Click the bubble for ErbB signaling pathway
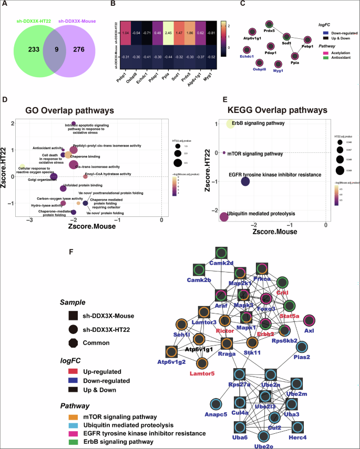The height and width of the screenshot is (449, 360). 231,123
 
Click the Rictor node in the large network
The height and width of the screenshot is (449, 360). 225,320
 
